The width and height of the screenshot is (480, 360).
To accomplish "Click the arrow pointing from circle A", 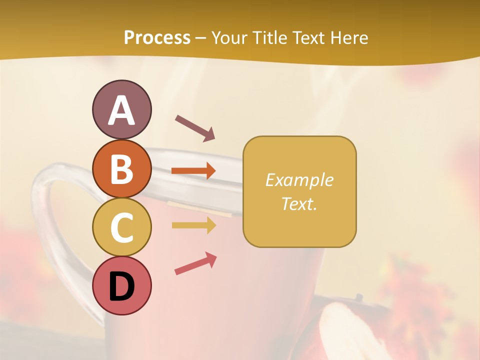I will [x=195, y=128].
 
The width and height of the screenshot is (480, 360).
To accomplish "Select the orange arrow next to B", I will [x=193, y=171].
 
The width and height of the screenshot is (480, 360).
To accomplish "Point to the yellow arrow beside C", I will [x=193, y=225].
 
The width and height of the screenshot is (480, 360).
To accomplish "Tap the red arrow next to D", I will [x=195, y=263].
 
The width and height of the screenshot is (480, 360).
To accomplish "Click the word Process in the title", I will [x=157, y=37].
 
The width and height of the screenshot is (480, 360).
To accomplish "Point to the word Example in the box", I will [x=299, y=180].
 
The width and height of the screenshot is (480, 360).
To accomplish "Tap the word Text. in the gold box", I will [x=299, y=203].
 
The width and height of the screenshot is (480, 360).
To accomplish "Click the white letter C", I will [x=121, y=227].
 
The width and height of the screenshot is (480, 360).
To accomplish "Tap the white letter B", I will [x=121, y=169].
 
